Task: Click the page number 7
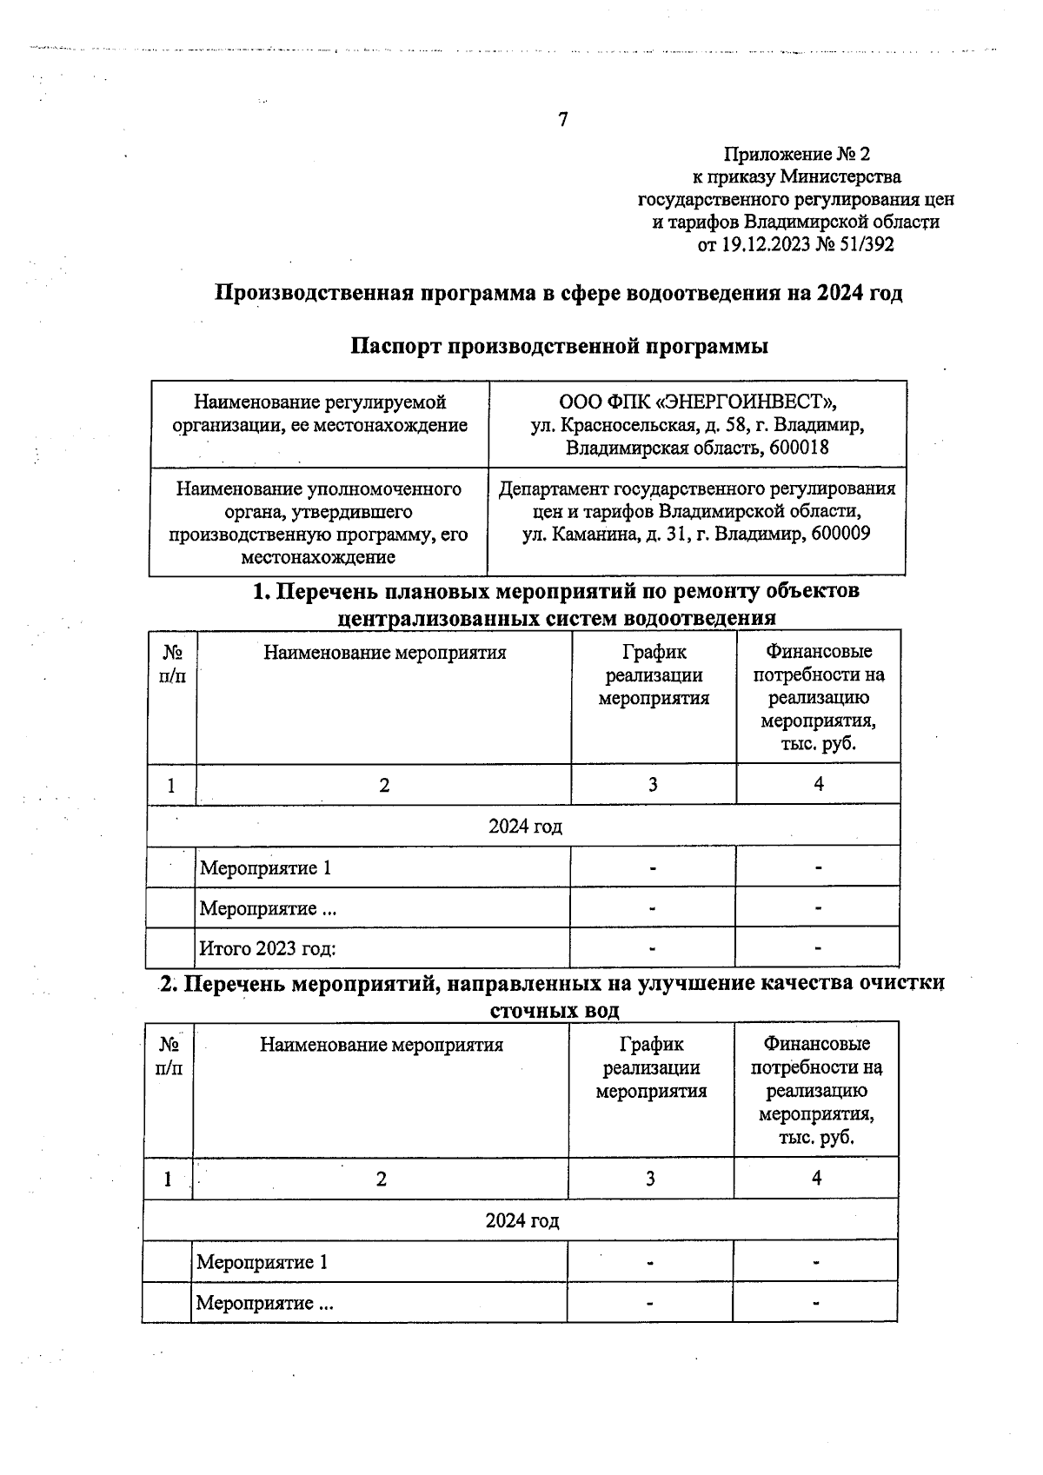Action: (562, 120)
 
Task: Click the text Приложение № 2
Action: (796, 155)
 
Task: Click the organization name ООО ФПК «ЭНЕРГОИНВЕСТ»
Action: (697, 402)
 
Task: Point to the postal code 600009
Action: (840, 535)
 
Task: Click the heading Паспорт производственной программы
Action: (559, 347)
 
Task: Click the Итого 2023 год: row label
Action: (268, 948)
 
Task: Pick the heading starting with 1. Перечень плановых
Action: (556, 592)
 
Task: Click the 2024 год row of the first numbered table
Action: (524, 826)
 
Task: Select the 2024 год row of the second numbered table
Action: (521, 1220)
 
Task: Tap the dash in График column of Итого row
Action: (653, 948)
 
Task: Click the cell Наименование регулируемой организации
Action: (319, 414)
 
